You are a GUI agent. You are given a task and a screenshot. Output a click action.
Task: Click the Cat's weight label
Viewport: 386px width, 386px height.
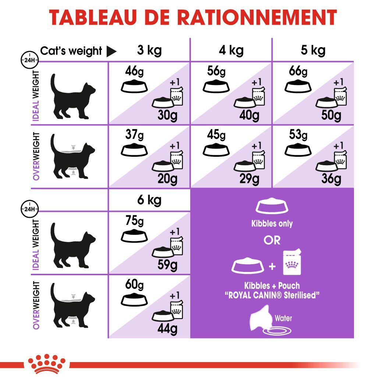(71, 51)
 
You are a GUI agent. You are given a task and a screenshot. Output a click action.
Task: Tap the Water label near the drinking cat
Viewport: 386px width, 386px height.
(283, 318)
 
